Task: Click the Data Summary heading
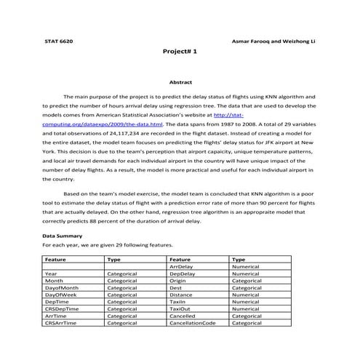63,236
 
